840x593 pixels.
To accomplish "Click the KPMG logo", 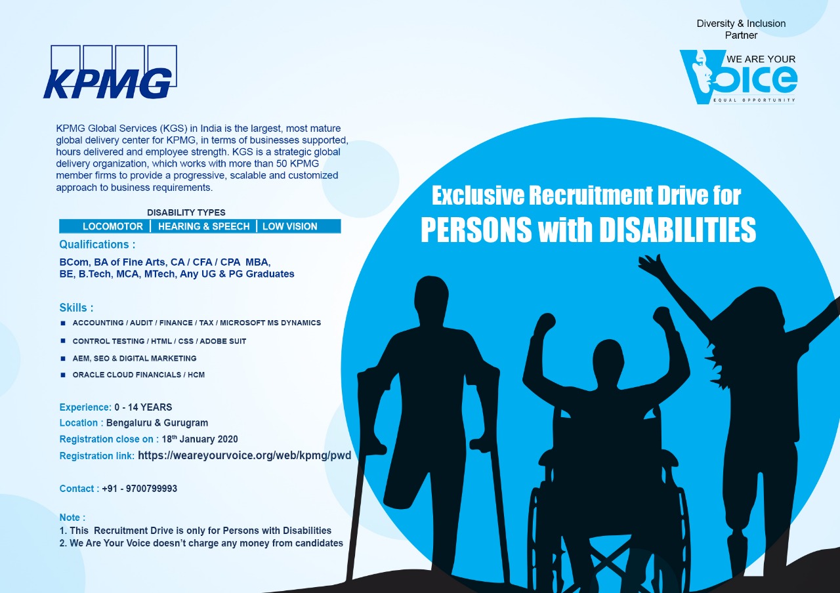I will (x=109, y=73).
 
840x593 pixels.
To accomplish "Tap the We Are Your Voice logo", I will (x=738, y=77).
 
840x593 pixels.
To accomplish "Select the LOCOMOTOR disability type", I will (x=112, y=226).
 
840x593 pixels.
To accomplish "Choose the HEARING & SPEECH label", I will (x=203, y=226).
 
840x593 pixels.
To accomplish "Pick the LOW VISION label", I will (x=289, y=226).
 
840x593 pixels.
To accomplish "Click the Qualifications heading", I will (x=97, y=245).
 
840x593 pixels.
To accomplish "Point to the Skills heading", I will (x=76, y=308).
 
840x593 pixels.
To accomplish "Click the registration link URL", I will (x=244, y=455).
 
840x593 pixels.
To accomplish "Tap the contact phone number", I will (x=139, y=489).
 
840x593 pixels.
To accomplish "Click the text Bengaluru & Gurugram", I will (x=157, y=423).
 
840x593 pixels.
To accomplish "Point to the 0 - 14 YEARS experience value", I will (x=143, y=407).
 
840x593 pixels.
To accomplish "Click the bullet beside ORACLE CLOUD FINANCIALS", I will (x=63, y=375).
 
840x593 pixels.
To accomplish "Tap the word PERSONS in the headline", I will (x=476, y=230).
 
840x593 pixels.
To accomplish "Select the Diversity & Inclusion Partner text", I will (x=741, y=30).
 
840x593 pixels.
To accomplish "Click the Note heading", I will (x=72, y=518).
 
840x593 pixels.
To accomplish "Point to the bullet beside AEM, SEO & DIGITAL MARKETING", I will (x=63, y=358).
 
